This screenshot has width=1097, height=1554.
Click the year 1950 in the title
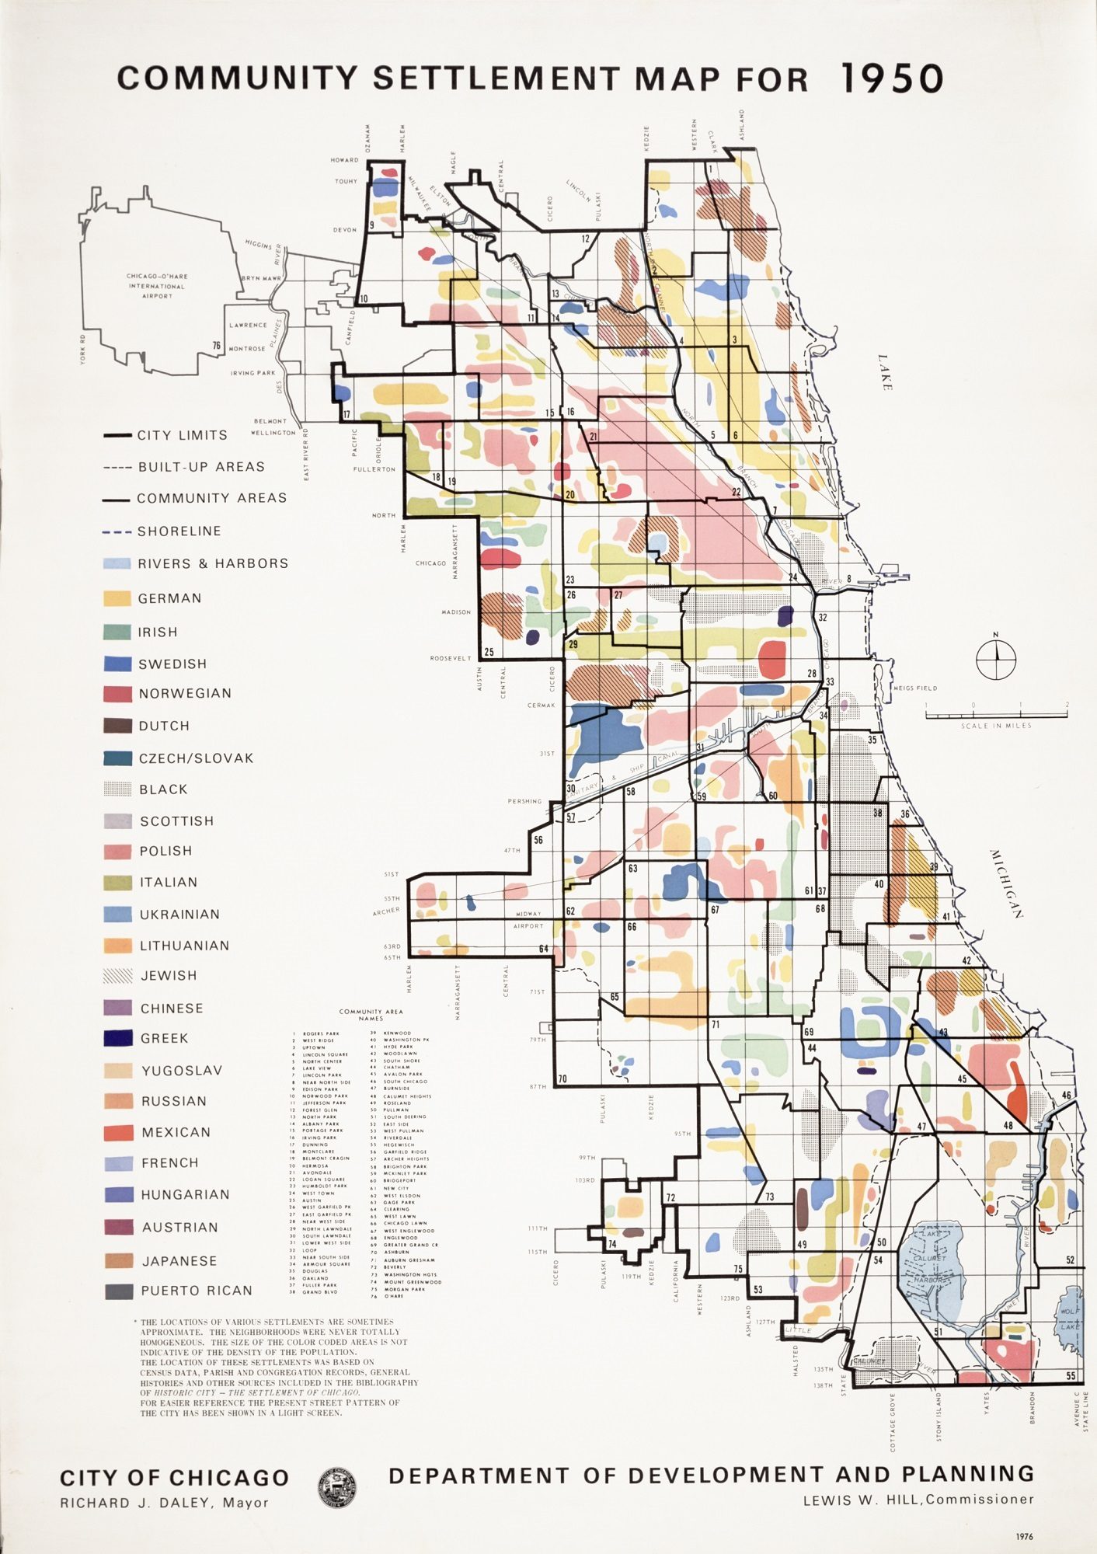[x=892, y=78]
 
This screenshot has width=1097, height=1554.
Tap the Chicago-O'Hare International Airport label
[x=157, y=285]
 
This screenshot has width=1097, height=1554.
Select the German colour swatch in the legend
[x=117, y=598]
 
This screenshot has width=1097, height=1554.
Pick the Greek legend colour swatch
[x=117, y=1038]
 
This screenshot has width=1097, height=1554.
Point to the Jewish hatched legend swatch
[x=117, y=976]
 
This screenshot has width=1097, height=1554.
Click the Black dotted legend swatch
[x=117, y=789]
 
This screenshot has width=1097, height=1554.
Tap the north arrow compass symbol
[x=995, y=659]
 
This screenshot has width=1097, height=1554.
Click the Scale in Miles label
[x=996, y=726]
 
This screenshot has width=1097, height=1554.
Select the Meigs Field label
[x=915, y=688]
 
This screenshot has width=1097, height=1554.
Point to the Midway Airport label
[x=528, y=920]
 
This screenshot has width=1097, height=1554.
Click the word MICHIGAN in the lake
[x=1007, y=883]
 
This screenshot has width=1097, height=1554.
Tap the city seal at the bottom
[x=337, y=1487]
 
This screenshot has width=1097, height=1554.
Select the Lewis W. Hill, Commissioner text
[x=918, y=1499]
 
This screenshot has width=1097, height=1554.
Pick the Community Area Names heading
[x=371, y=1015]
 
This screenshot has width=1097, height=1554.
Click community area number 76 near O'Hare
[x=217, y=346]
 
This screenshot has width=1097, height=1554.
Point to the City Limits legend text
[x=183, y=435]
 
